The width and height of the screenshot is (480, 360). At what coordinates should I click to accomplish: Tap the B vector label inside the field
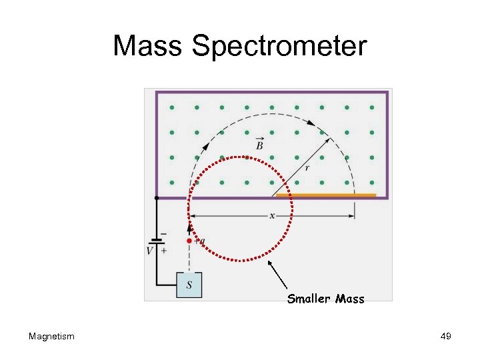pos(259,144)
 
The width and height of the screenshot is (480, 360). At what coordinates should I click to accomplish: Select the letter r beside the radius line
pos(307,168)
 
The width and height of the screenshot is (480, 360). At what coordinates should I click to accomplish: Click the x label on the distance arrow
pos(272,215)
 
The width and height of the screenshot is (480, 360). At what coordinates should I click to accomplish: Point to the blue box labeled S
pos(189,285)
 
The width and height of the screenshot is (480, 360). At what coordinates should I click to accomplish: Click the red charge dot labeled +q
pos(189,241)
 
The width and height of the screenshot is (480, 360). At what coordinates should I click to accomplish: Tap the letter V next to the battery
pos(150,251)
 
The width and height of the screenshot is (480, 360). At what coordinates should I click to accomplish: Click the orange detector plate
pos(326,195)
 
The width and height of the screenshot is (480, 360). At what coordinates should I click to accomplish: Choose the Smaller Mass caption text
pos(325,299)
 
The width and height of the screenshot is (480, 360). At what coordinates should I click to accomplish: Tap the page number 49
pos(446,336)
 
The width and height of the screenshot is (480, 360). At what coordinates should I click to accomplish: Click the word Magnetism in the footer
pos(51,336)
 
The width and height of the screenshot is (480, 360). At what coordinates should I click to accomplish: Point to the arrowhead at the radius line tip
pos(327,141)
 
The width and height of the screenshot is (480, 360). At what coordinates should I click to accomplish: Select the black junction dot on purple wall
pos(156,198)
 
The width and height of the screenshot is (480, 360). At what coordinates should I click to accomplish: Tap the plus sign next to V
pos(163,250)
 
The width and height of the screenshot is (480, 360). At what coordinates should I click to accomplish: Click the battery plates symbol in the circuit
pos(157,242)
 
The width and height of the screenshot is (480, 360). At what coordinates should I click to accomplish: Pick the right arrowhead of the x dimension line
pos(351,215)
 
